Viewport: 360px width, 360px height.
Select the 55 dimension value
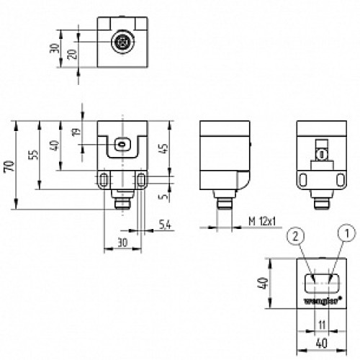point(34,155)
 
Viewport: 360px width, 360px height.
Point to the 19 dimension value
point(76,132)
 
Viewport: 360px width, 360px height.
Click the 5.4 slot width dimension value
point(165,225)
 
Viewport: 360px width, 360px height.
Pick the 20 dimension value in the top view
point(73,54)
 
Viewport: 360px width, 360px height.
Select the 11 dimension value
point(322,325)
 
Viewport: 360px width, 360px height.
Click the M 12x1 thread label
point(262,221)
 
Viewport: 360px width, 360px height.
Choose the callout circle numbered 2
point(295,236)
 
